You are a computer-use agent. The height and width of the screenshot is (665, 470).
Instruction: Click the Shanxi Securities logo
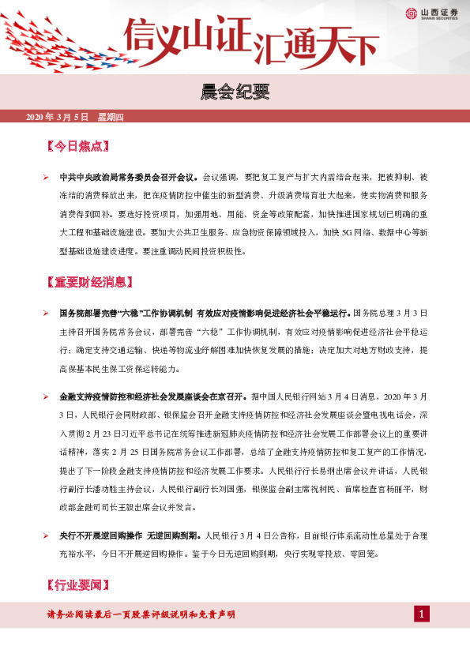click(429, 12)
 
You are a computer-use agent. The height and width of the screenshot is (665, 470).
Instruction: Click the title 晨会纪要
click(235, 92)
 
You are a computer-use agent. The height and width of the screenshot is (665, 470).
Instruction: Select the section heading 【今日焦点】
click(77, 147)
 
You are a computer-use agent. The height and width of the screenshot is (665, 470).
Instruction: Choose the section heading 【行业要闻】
click(77, 585)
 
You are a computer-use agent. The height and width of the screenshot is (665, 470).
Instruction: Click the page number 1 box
click(423, 614)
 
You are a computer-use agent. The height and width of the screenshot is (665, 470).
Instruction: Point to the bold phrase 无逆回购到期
click(173, 535)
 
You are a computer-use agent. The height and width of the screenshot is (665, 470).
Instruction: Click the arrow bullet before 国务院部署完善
click(47, 314)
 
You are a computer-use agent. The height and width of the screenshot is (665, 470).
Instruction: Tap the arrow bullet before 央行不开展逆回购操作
click(47, 535)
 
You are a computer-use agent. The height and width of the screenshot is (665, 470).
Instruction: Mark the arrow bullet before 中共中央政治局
click(47, 177)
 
